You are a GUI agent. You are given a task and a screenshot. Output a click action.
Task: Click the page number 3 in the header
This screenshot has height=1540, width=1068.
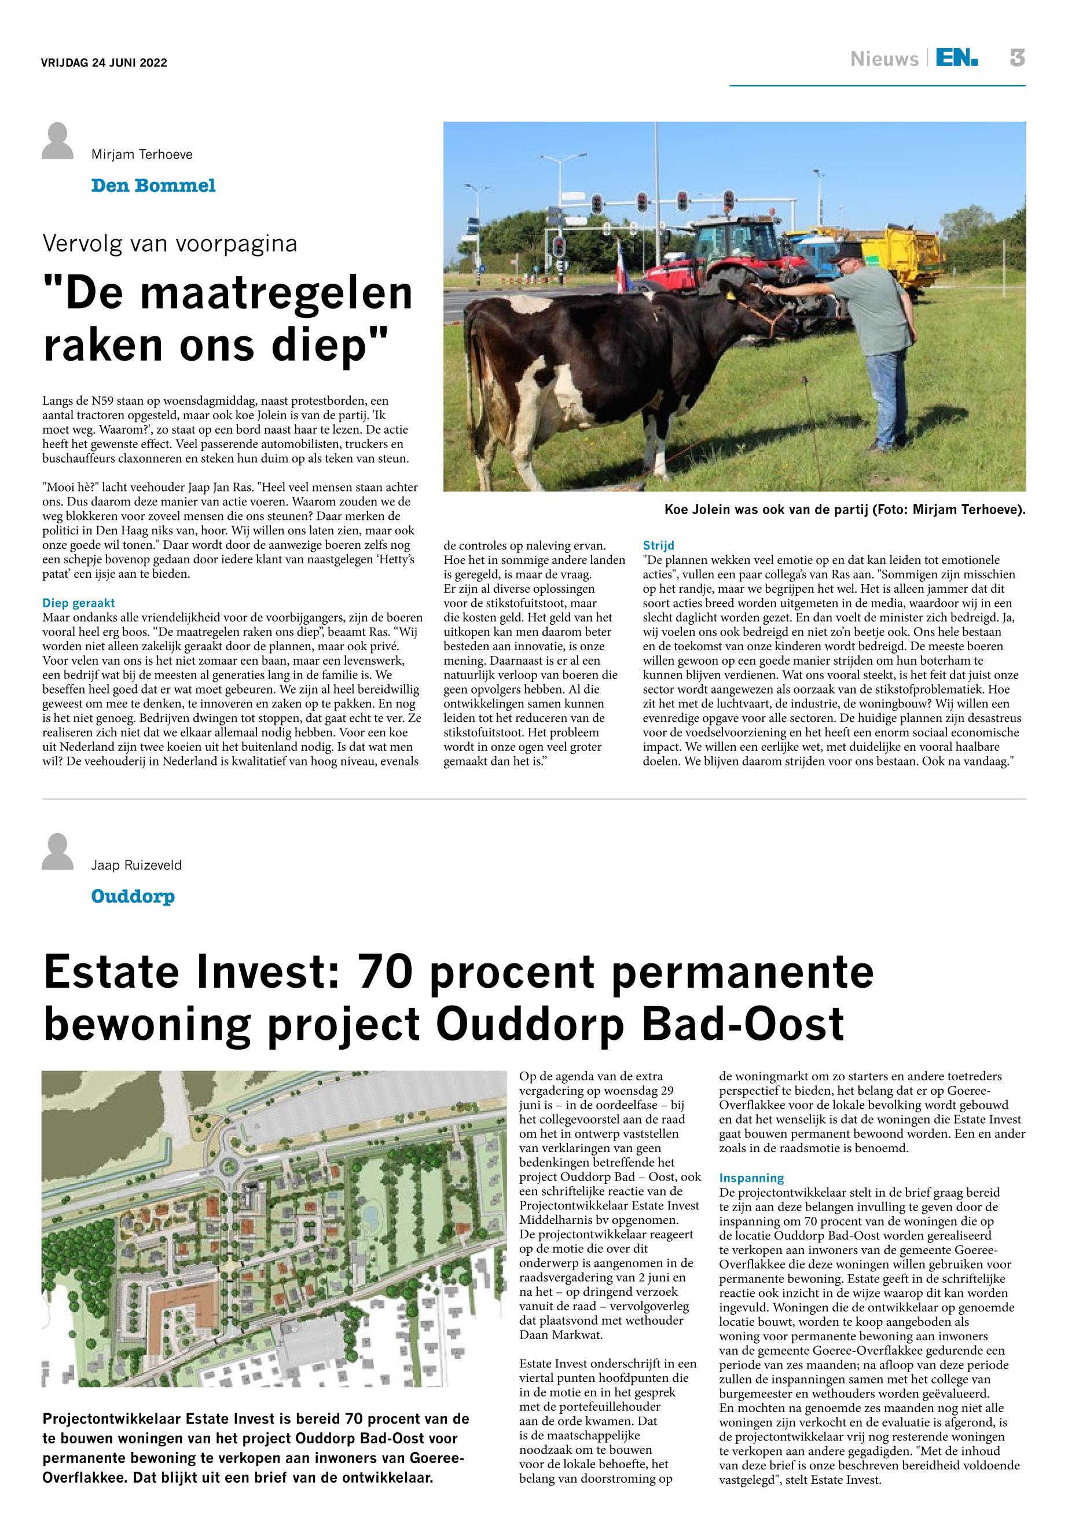(1017, 59)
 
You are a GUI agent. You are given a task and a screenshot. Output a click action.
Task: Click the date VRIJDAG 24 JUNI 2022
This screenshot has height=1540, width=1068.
(104, 63)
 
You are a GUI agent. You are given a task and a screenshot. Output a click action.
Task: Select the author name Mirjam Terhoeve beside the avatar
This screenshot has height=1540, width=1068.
(142, 155)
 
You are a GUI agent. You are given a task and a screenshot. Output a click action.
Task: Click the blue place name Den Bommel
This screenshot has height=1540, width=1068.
(153, 185)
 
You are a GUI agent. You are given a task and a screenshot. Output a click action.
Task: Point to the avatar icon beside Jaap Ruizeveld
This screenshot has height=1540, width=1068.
(57, 852)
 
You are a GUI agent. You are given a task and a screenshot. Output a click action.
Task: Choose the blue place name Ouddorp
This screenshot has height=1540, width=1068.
(133, 896)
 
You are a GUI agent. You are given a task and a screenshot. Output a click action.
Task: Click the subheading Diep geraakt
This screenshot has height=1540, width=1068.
(79, 603)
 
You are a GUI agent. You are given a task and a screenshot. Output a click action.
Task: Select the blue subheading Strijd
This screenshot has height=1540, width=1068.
(659, 545)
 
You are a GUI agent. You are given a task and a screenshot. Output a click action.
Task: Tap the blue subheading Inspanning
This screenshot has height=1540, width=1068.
(751, 1177)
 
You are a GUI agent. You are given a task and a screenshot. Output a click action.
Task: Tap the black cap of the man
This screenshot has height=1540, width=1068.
(846, 251)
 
